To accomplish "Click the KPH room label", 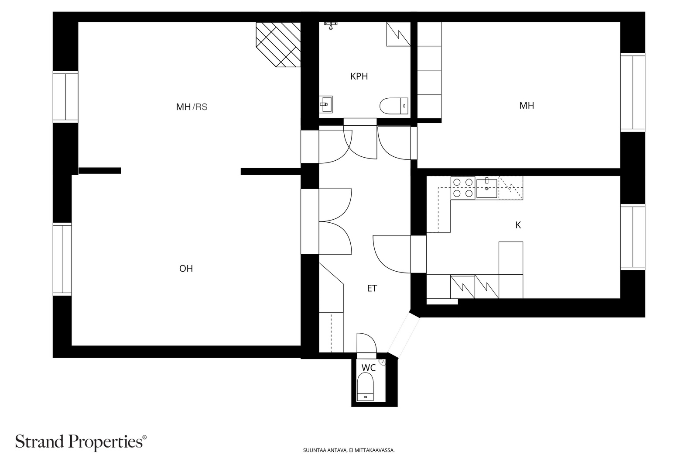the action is click(359, 76).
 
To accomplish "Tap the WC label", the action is click(368, 368).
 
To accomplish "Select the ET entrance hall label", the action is click(372, 289).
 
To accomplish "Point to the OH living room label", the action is click(186, 269).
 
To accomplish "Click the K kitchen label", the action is click(518, 225).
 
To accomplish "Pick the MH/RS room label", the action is click(192, 107).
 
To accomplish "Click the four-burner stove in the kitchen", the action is click(463, 188).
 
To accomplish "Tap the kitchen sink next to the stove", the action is click(487, 187).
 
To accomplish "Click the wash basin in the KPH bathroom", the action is click(326, 104).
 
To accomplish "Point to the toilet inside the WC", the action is click(365, 387).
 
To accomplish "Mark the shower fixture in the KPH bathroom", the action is click(331, 25).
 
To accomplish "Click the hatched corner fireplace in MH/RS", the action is click(278, 45).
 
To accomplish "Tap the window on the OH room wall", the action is click(62, 259).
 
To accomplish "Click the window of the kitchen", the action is click(633, 237).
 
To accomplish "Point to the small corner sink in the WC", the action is click(382, 362).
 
